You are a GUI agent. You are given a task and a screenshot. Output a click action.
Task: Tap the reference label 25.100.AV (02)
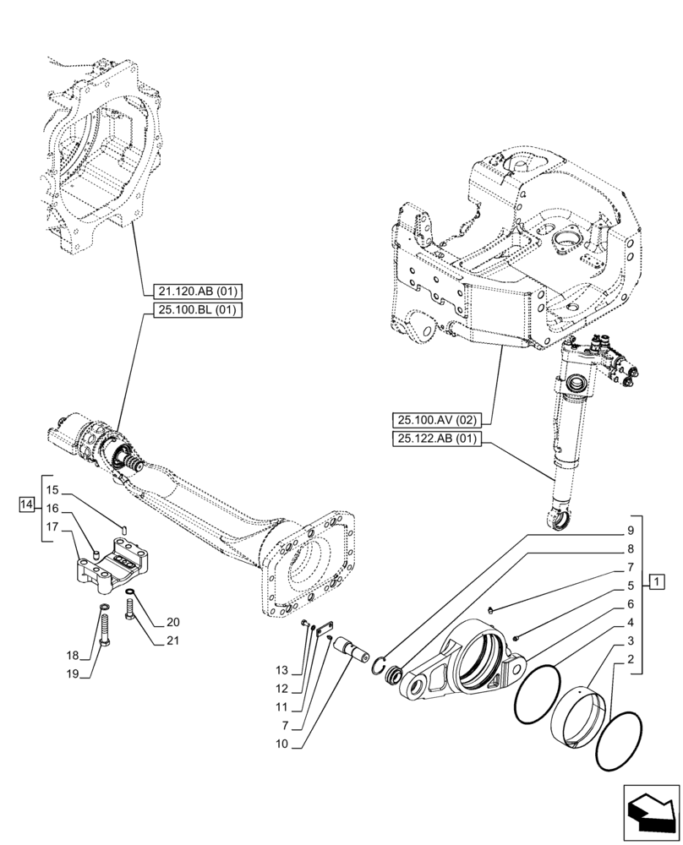click(436, 418)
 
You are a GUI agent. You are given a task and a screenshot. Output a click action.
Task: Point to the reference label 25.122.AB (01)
click(436, 438)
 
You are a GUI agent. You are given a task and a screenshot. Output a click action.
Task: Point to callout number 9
click(630, 532)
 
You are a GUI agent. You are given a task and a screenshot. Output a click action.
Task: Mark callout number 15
click(52, 490)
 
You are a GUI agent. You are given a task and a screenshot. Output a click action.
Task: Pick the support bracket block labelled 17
click(112, 569)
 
